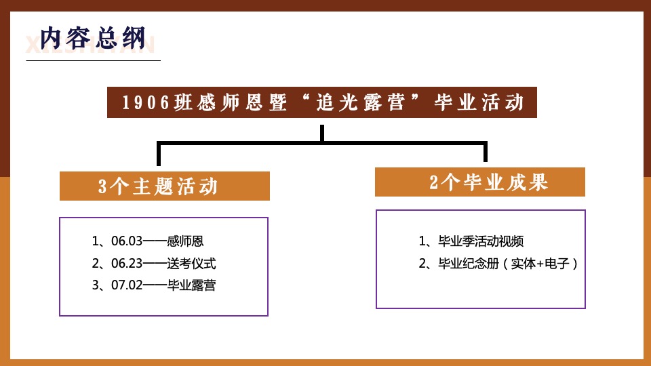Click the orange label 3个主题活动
point(165,186)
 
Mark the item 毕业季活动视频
point(481,241)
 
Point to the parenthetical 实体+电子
point(540,264)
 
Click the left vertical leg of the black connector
point(159,155)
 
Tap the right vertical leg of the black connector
point(486,152)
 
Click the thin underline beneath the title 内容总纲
point(93,60)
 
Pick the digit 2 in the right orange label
point(434,183)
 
